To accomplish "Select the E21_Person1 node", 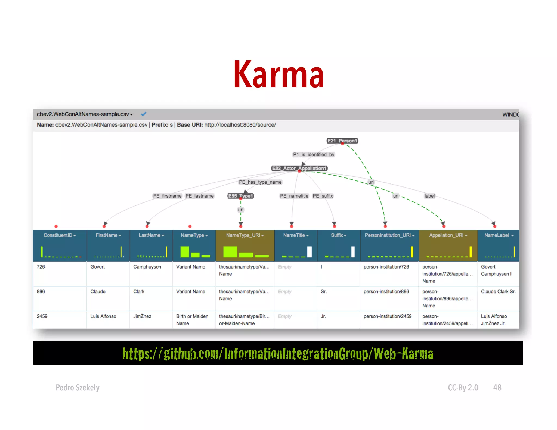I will (x=342, y=141).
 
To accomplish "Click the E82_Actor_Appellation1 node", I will (x=299, y=168).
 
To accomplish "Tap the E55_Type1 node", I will (x=241, y=196).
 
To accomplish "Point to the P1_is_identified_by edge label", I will (x=314, y=154).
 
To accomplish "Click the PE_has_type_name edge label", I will (x=260, y=182).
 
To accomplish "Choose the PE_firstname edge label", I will (x=167, y=196).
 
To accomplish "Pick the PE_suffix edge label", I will (x=323, y=196).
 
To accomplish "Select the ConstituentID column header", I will (x=60, y=235).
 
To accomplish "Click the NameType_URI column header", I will (x=245, y=235).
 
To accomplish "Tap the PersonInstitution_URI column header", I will (x=389, y=235).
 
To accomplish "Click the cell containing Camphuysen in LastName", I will (x=147, y=267).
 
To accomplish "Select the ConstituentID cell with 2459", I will (x=42, y=316).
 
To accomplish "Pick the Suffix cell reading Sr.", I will (x=324, y=291).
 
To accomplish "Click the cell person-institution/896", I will (x=386, y=291).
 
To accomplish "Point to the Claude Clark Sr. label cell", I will (x=498, y=291).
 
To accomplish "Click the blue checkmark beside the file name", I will (x=144, y=114).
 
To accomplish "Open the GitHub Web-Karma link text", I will (x=278, y=353).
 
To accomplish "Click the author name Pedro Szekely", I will (x=78, y=387).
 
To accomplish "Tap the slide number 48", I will (x=497, y=387).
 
